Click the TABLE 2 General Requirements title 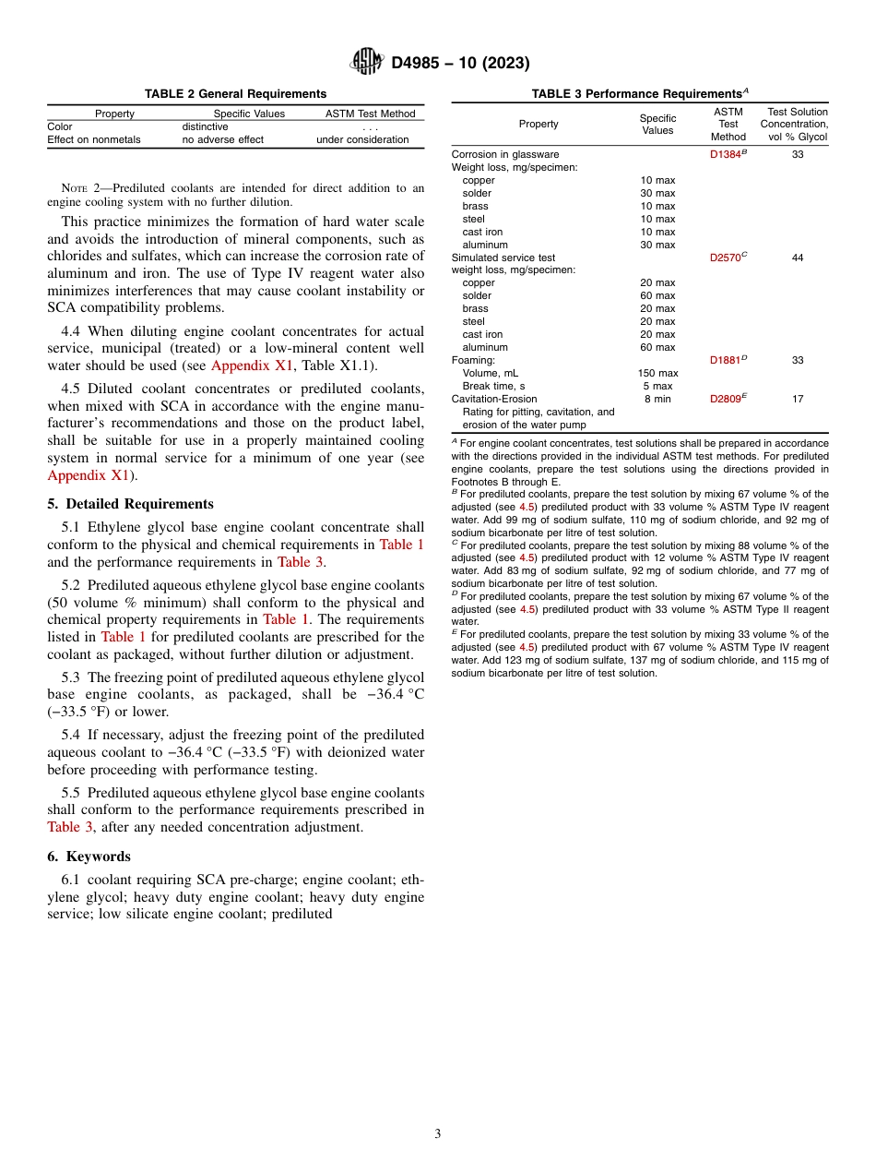pyautogui.click(x=235, y=93)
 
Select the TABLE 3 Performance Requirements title pyautogui.click(x=639, y=93)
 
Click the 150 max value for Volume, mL pyautogui.click(x=657, y=373)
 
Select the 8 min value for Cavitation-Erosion pyautogui.click(x=657, y=399)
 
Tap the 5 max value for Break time pyautogui.click(x=657, y=386)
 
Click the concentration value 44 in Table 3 pyautogui.click(x=797, y=258)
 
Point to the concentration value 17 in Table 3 pyautogui.click(x=797, y=399)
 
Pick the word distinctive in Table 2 pyautogui.click(x=205, y=126)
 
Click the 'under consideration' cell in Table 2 pyautogui.click(x=362, y=139)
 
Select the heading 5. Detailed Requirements pyautogui.click(x=131, y=504)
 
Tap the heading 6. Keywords pyautogui.click(x=89, y=856)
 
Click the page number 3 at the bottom pyautogui.click(x=437, y=1133)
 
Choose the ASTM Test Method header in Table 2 pyautogui.click(x=371, y=114)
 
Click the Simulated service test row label pyautogui.click(x=503, y=258)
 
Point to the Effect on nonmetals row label pyautogui.click(x=94, y=139)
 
